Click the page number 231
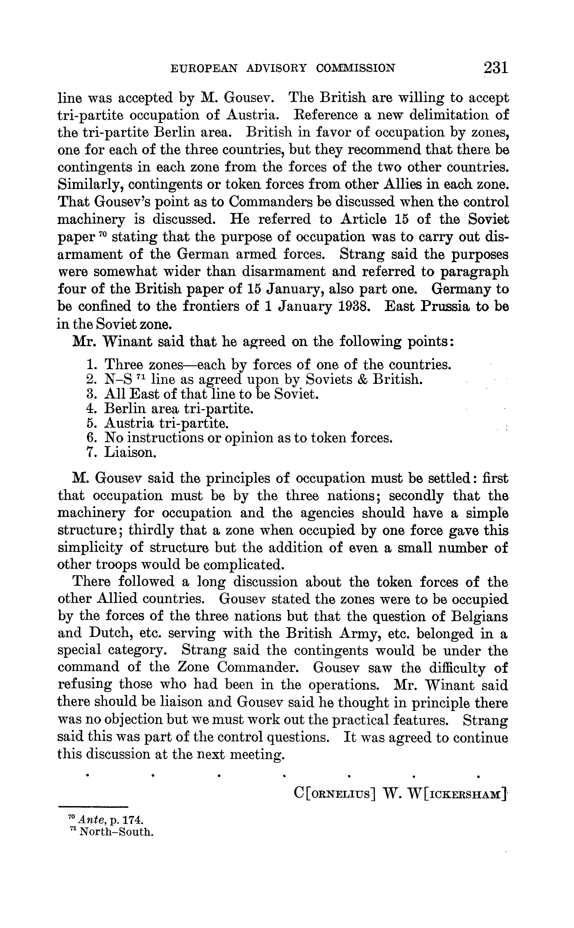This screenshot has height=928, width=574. (495, 68)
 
